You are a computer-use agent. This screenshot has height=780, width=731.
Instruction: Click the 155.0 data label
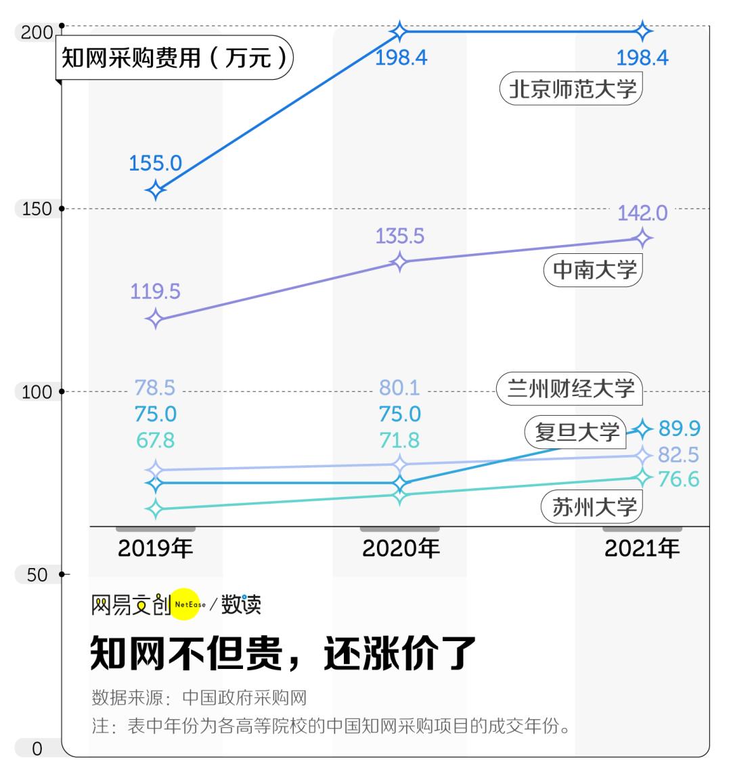click(155, 163)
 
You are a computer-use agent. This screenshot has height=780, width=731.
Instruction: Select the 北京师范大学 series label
click(571, 89)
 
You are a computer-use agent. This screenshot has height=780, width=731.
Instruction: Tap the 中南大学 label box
click(593, 269)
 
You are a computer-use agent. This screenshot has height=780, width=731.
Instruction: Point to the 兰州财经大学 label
click(570, 389)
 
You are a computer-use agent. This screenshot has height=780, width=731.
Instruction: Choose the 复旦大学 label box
click(576, 432)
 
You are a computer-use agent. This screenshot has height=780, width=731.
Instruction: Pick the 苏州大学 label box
click(592, 506)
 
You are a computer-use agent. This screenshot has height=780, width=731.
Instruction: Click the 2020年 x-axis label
click(400, 548)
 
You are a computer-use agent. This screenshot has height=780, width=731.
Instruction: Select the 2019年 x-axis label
click(155, 548)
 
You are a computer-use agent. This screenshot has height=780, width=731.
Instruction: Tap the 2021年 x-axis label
click(642, 548)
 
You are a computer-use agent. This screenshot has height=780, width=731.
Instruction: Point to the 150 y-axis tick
click(37, 209)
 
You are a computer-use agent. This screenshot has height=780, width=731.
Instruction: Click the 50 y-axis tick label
click(37, 575)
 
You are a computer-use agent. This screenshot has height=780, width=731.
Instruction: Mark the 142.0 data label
click(642, 213)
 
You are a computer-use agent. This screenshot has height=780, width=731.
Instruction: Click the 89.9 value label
click(680, 429)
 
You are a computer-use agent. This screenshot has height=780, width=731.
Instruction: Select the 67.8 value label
click(155, 440)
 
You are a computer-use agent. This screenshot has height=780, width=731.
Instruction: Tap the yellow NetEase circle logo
click(185, 605)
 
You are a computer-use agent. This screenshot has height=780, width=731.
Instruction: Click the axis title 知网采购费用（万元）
click(174, 58)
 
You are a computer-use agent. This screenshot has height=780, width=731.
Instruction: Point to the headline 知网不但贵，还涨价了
click(283, 653)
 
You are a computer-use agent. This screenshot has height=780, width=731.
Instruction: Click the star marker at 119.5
click(155, 319)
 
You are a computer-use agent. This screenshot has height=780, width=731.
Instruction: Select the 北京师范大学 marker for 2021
click(642, 31)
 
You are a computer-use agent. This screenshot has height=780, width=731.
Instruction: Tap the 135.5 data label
click(400, 236)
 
